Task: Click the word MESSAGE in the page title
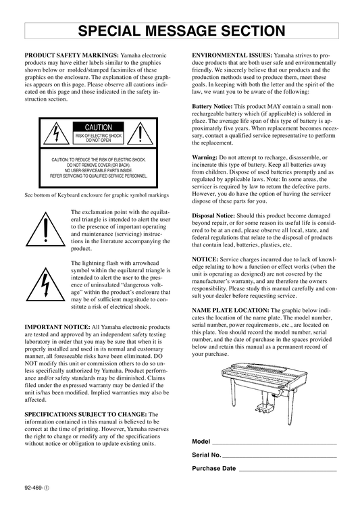[x=182, y=31]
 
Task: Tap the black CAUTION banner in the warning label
[x=98, y=127]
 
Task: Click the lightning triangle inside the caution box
[x=57, y=133]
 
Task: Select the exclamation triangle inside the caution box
[x=140, y=133]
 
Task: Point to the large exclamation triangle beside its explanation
[x=46, y=229]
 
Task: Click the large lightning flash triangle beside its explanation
[x=46, y=284]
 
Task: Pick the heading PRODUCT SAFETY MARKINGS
[x=72, y=55]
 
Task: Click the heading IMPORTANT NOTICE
[x=57, y=327]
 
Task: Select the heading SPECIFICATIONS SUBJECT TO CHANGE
[x=86, y=414]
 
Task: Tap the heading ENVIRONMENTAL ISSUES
[x=232, y=55]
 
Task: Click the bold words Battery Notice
[x=212, y=107]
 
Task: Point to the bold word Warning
[x=205, y=158]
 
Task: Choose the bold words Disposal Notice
[x=213, y=215]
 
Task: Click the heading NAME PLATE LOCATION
[x=230, y=310]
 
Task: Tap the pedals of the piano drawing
[x=264, y=407]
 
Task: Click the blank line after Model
[x=274, y=444]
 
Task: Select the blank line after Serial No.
[x=280, y=457]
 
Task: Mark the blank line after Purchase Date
[x=288, y=471]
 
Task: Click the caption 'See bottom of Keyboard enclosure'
[x=97, y=195]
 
